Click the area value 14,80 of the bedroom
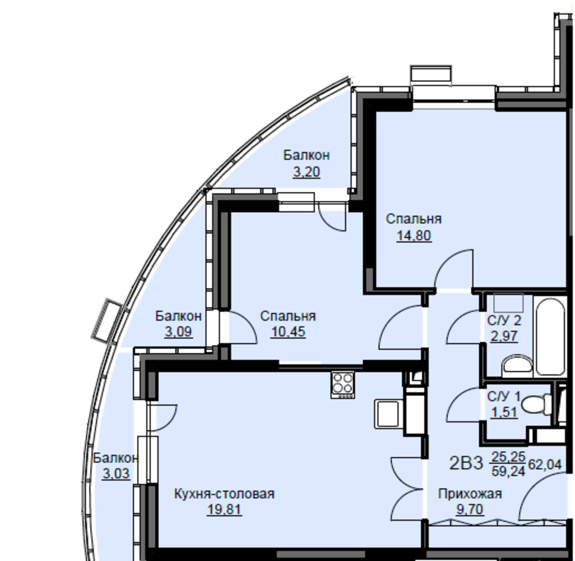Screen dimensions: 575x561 [414, 236]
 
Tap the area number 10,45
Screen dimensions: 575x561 [288, 332]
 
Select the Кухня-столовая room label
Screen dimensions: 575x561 [224, 494]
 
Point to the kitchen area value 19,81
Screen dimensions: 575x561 [224, 509]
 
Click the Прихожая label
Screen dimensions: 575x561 [470, 494]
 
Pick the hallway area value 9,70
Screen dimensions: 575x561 [470, 509]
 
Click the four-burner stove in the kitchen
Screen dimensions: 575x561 [342, 384]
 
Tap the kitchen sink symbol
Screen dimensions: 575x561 [388, 414]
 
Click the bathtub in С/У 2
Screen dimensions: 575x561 [549, 336]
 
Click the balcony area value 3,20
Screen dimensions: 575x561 [306, 172]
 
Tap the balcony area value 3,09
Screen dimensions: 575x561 [178, 332]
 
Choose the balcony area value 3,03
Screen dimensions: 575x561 [116, 473]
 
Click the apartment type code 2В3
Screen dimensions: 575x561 [466, 464]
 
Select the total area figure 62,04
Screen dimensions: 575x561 [545, 465]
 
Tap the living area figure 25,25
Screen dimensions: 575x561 [508, 457]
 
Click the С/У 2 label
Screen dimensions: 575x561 [504, 320]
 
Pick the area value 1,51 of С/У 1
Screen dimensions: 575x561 [504, 412]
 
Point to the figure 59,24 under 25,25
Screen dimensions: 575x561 [508, 471]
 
